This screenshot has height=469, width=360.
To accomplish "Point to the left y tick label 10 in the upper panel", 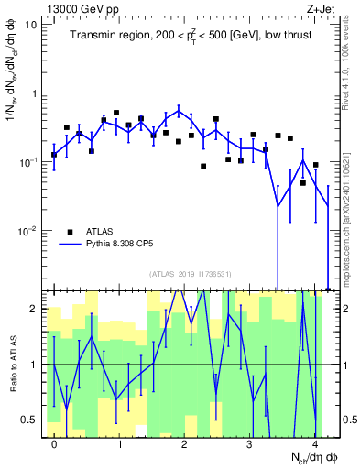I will [31, 25].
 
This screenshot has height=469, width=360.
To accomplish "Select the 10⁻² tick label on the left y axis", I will [27, 230].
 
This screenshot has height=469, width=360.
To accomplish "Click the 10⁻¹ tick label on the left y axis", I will [27, 161].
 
